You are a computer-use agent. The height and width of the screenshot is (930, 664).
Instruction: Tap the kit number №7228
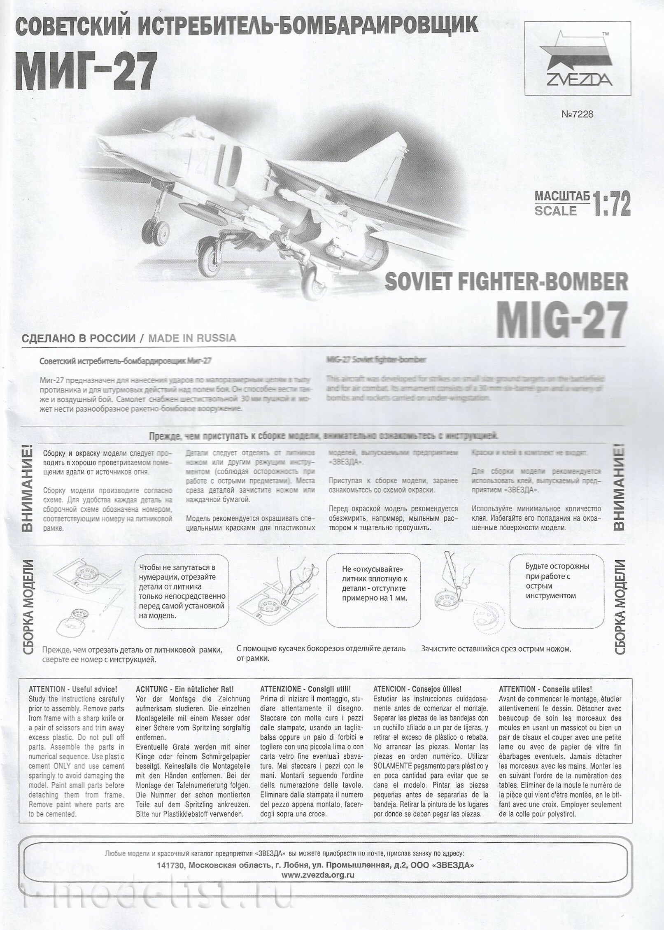click(577, 114)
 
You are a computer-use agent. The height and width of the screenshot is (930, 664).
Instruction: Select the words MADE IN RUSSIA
click(192, 338)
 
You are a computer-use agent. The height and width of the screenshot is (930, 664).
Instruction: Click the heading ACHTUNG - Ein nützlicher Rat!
click(184, 689)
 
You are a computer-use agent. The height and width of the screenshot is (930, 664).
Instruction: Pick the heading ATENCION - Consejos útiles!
click(417, 689)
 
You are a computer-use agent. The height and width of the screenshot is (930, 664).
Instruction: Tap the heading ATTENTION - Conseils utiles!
click(545, 689)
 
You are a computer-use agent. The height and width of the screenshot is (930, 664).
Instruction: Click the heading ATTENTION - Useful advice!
click(73, 689)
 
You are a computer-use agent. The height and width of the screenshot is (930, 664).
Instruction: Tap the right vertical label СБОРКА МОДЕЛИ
click(620, 607)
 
